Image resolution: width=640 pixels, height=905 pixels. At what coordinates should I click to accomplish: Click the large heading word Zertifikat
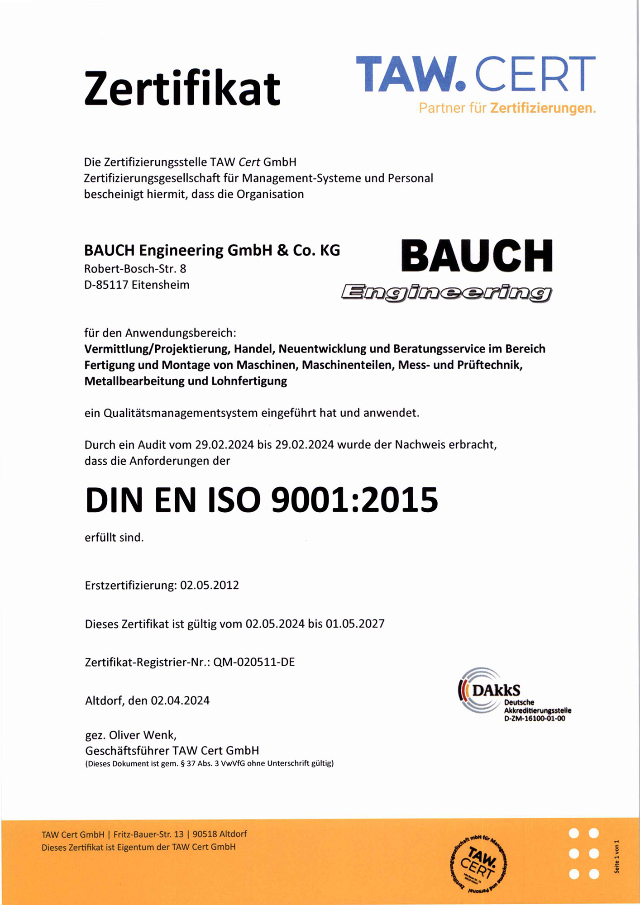182,88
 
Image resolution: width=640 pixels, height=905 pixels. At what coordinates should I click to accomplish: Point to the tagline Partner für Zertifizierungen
507,108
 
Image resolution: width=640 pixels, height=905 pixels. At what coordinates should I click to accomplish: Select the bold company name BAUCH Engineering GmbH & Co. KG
212,250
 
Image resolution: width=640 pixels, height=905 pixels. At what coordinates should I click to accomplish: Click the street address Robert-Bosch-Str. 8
135,269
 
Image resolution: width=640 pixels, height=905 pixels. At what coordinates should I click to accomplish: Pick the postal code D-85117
106,285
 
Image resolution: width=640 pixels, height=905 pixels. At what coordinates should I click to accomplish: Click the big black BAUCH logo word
477,256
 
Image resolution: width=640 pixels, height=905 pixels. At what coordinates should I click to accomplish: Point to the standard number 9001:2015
354,500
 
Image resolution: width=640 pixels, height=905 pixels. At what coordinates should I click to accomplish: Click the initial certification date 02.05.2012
209,585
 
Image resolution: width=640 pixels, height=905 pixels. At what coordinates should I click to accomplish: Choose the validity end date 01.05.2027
355,624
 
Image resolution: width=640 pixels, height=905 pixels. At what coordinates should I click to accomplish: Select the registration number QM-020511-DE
254,662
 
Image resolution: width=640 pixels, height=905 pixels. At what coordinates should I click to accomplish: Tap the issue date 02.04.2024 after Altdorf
180,700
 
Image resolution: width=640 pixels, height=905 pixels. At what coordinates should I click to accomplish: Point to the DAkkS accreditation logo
489,690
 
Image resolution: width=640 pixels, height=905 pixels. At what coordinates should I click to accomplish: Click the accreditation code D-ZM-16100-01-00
535,719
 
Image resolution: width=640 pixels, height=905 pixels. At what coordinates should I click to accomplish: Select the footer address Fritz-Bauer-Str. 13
148,834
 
